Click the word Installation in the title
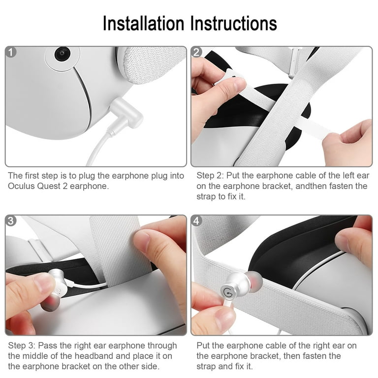143,24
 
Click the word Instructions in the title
234,24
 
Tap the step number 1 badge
11,52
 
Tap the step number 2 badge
196,52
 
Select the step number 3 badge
11,221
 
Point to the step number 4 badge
196,221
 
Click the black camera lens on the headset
63,54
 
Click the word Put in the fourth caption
203,346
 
